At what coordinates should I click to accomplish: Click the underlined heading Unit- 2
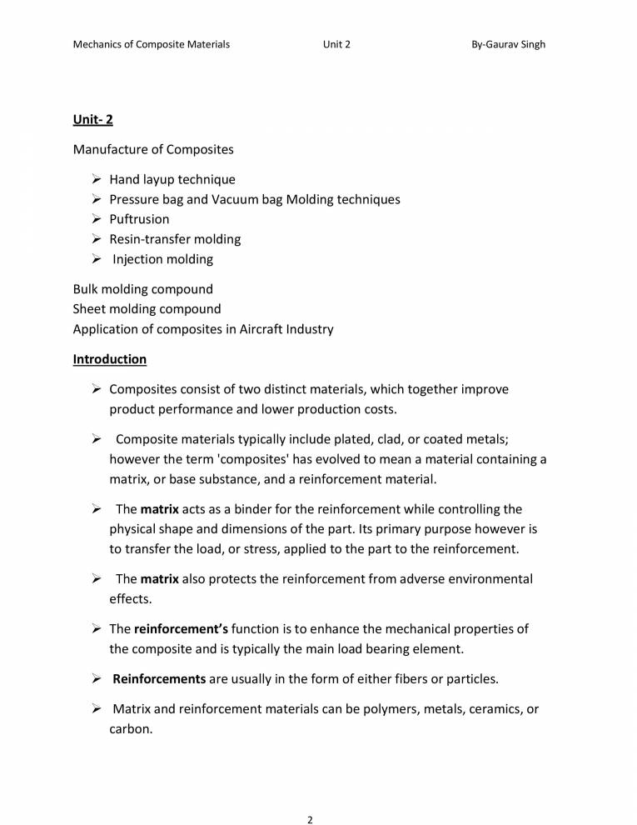click(93, 120)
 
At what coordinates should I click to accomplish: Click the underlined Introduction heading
click(110, 359)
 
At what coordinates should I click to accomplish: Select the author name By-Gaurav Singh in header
click(508, 44)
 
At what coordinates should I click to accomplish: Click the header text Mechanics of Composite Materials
click(152, 44)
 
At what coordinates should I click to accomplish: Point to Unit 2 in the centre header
click(336, 44)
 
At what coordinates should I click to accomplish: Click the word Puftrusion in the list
click(139, 219)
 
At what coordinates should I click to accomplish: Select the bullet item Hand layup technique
click(172, 179)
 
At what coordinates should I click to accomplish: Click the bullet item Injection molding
click(163, 259)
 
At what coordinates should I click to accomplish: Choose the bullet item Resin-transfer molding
click(175, 239)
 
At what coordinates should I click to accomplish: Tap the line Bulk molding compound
click(143, 289)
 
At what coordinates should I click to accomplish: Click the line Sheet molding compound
click(147, 309)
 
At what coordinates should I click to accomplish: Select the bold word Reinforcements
click(159, 679)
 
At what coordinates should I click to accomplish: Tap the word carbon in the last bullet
click(129, 729)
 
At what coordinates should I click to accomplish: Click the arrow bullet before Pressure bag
click(96, 199)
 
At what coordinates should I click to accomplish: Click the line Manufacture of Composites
click(153, 150)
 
